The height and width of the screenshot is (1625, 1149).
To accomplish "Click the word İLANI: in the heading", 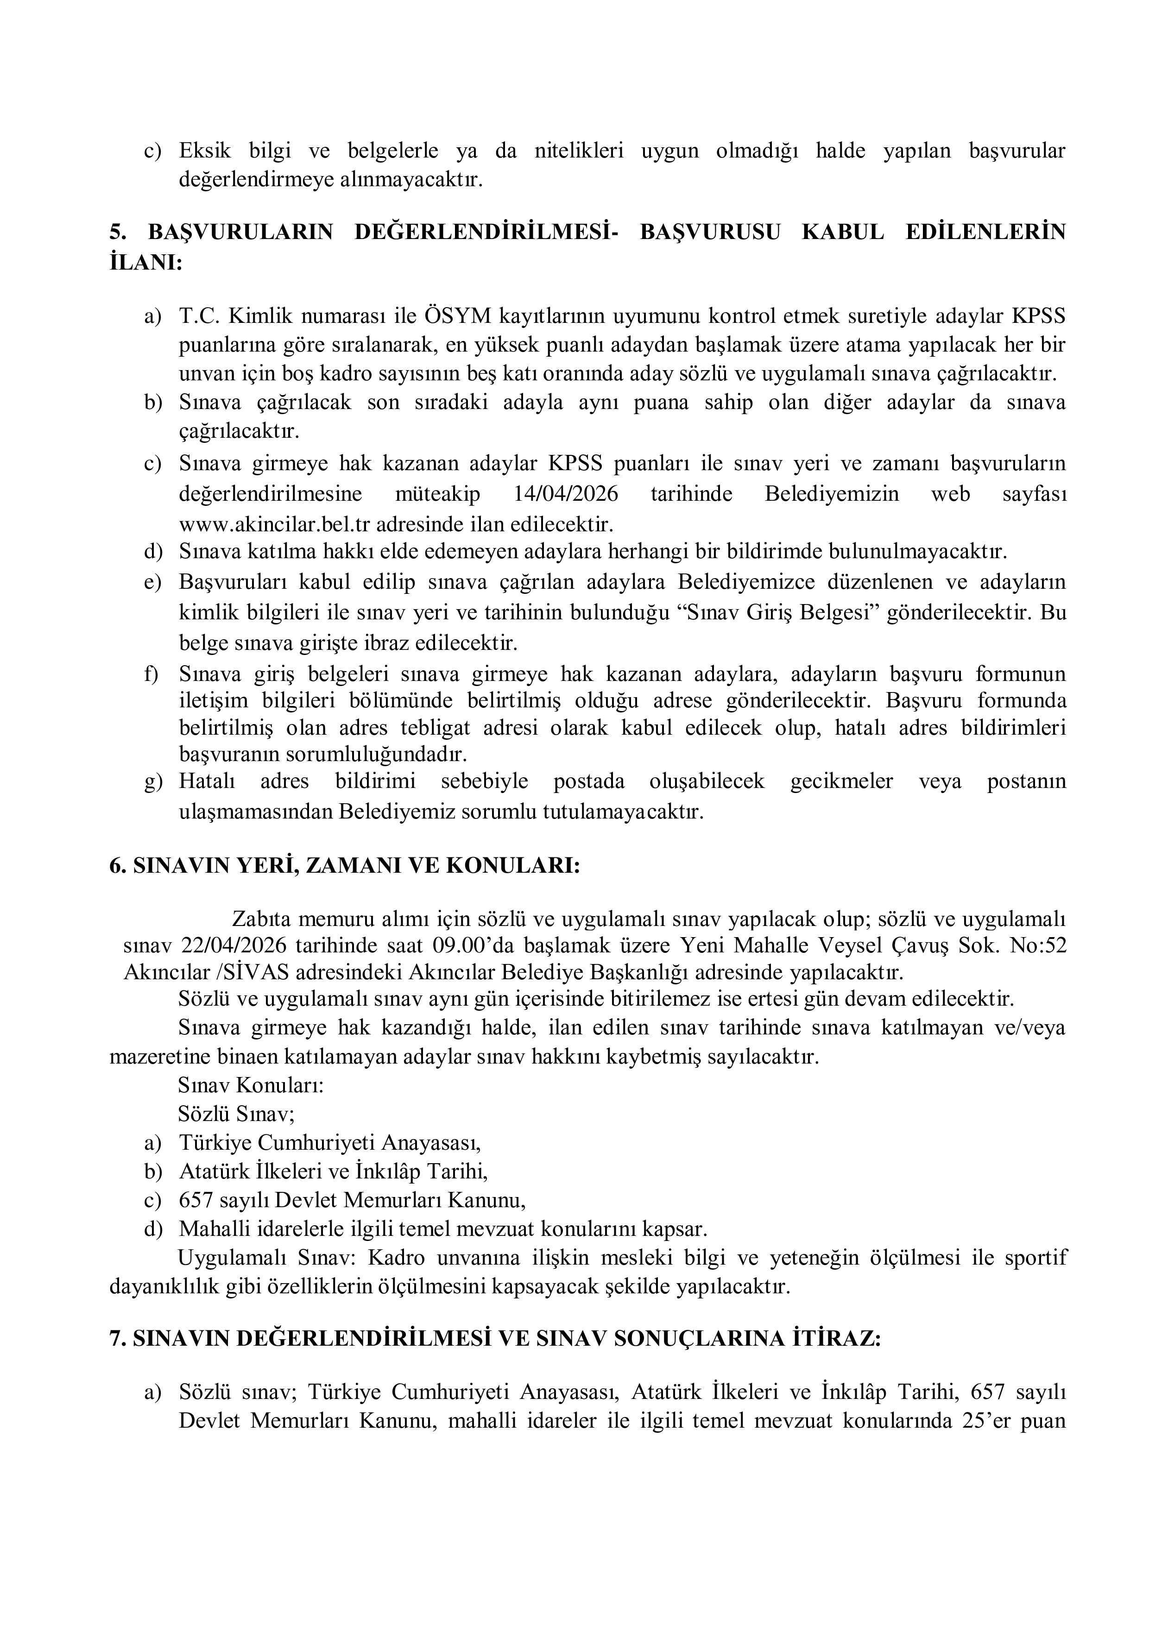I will [146, 263].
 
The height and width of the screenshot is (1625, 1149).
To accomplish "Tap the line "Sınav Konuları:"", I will [251, 1085].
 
